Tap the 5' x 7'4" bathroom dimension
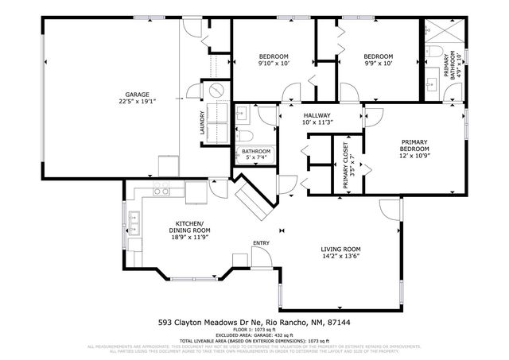[256, 158]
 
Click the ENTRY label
[261, 243]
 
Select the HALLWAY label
[317, 115]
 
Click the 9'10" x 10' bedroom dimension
[275, 64]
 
